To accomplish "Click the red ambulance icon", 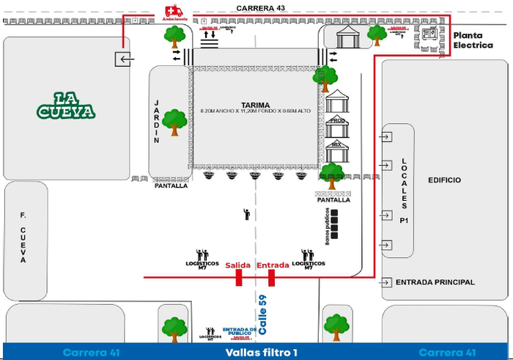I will coord(174,10).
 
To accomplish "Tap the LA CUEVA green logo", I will coord(66,106).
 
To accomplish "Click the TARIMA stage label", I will coord(254,105).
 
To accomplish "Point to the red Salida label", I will coord(238,265).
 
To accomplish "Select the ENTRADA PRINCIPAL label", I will coord(435,282).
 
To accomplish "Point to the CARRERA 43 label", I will coord(261,7).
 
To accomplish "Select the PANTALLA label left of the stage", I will coord(171,185).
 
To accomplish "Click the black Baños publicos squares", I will coord(335,224).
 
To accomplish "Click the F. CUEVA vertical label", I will coord(23,238).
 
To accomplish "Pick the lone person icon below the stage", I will coord(247,214).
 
